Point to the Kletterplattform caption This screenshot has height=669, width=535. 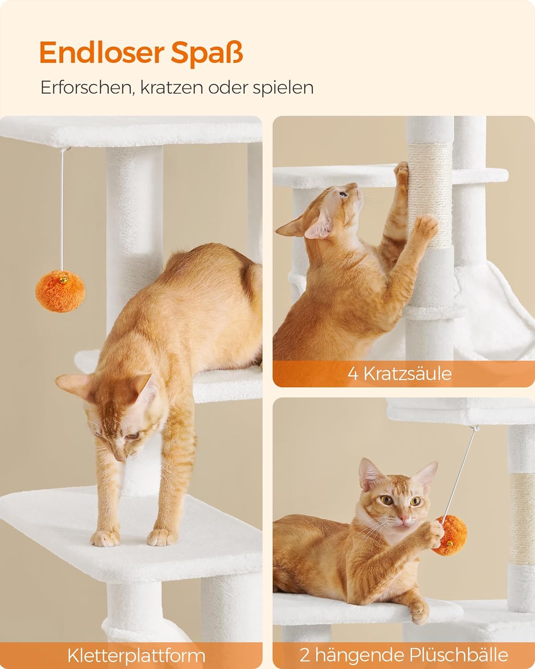point(136,656)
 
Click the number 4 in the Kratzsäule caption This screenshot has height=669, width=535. point(353,373)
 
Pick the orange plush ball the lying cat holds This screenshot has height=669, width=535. point(449,535)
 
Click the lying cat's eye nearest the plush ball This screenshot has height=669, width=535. point(416,501)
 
